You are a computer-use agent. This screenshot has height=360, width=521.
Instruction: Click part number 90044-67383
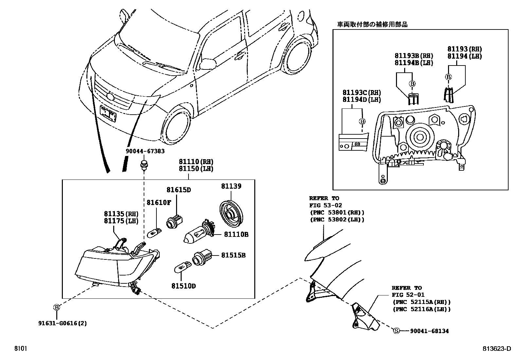pyautogui.click(x=145, y=151)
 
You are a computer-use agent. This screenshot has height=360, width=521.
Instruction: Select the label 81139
pyautogui.click(x=231, y=186)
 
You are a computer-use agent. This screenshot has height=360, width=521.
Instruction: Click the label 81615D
pyautogui.click(x=178, y=190)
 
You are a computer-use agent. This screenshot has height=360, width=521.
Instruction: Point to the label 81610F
pyautogui.click(x=158, y=203)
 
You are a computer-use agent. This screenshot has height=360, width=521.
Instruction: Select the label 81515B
pyautogui.click(x=233, y=255)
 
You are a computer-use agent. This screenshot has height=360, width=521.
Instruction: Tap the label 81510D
pyautogui.click(x=183, y=286)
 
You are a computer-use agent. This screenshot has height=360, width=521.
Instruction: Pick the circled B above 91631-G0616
pyautogui.click(x=57, y=307)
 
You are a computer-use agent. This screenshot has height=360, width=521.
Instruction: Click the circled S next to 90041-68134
pyautogui.click(x=396, y=331)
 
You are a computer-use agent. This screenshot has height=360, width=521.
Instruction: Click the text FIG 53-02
pyautogui.click(x=326, y=205)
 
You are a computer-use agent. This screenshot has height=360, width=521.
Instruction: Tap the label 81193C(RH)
pyautogui.click(x=362, y=93)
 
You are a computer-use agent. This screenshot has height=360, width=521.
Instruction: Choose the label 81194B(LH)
pyautogui.click(x=414, y=63)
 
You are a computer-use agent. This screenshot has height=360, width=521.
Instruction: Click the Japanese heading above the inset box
pyautogui.click(x=372, y=25)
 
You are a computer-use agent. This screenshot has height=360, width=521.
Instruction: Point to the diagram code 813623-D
pyautogui.click(x=496, y=349)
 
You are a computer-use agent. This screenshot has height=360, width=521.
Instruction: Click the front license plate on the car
pyautogui.click(x=108, y=114)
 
